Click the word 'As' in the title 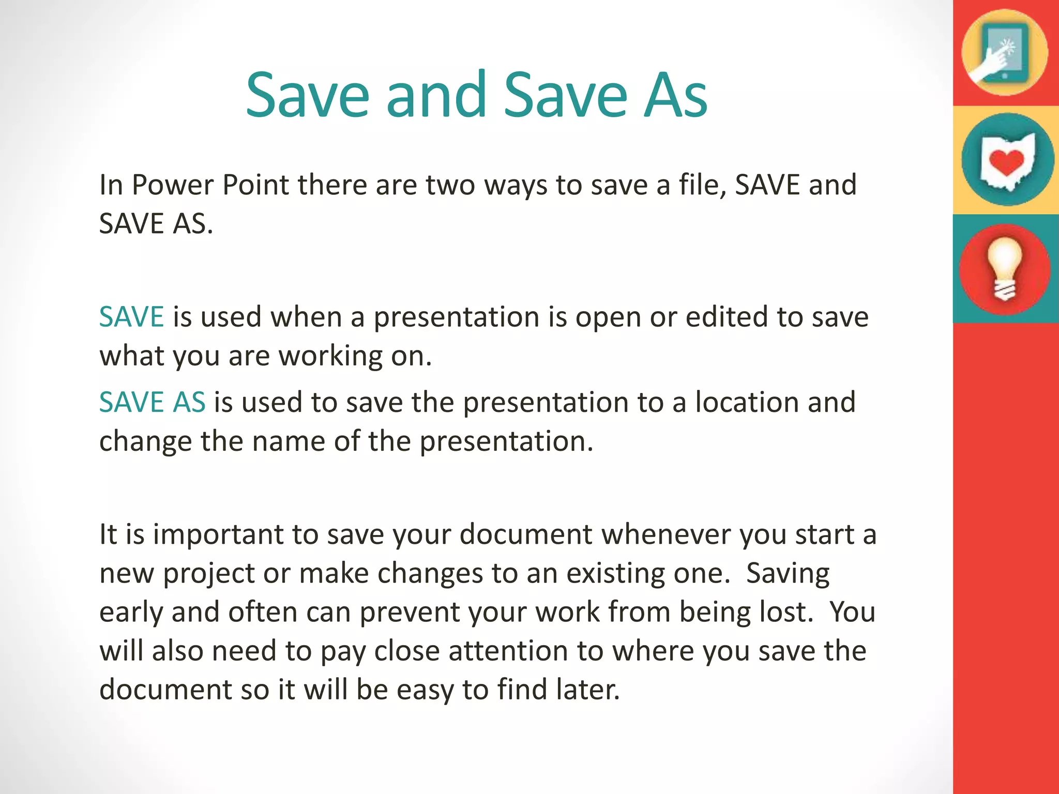[675, 96]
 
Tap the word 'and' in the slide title [436, 96]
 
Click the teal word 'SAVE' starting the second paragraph [131, 316]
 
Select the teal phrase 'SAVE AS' [152, 402]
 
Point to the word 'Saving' [788, 574]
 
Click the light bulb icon [1005, 269]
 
